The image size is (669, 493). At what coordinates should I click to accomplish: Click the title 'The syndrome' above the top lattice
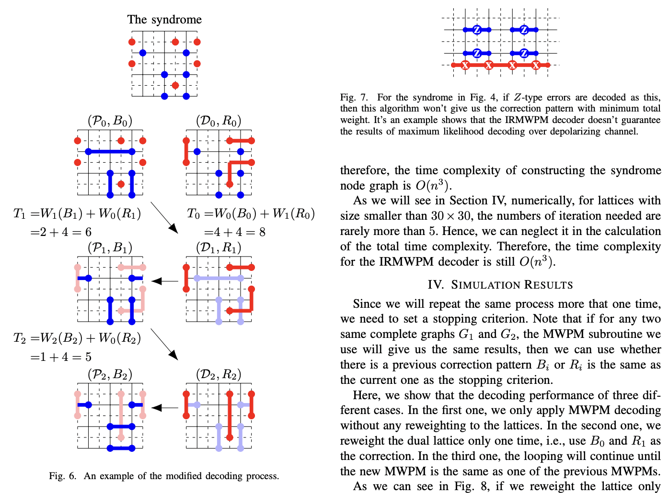click(164, 20)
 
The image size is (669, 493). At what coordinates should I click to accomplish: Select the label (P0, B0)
click(110, 121)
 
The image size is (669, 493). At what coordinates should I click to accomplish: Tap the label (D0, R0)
click(219, 121)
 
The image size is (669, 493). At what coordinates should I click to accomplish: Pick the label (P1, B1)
click(110, 247)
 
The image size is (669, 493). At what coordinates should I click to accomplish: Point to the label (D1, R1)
click(219, 247)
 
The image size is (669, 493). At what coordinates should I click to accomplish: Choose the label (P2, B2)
click(110, 374)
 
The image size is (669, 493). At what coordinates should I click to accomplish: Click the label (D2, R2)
click(219, 374)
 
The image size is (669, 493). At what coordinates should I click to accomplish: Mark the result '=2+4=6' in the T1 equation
click(61, 232)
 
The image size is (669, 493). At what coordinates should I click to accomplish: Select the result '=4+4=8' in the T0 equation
click(235, 232)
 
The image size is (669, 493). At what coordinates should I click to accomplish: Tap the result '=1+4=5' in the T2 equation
click(61, 357)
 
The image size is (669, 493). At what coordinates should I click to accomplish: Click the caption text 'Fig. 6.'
click(62, 476)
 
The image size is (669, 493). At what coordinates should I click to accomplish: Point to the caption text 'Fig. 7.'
click(354, 97)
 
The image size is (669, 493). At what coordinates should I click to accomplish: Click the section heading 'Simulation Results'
click(500, 285)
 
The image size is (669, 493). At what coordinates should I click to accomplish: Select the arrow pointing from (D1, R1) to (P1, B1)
click(165, 281)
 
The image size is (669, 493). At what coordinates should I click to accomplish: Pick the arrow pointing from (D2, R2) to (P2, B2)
click(165, 408)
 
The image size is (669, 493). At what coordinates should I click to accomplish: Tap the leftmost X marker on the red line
click(465, 65)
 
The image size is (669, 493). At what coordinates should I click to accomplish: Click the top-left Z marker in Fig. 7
click(477, 30)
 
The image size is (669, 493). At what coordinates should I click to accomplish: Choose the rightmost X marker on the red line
click(536, 65)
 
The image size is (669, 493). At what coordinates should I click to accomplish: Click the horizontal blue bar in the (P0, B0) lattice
click(110, 152)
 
